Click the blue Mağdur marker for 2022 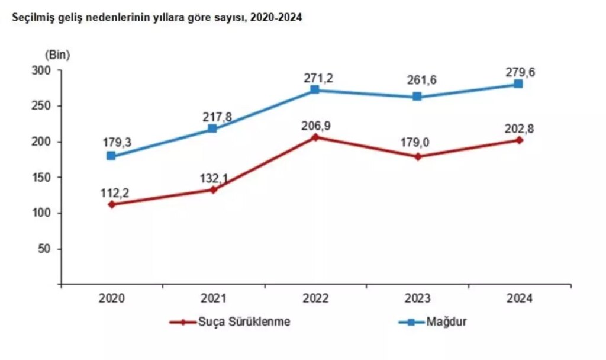[x=315, y=90]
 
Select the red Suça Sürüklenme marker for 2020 [x=111, y=204]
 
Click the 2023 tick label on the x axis [x=417, y=299]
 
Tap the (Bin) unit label [x=57, y=55]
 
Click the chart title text [x=154, y=18]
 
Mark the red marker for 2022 [x=315, y=137]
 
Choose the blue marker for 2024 [x=519, y=84]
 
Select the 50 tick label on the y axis [x=50, y=249]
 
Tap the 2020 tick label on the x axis [x=111, y=299]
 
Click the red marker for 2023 [x=417, y=157]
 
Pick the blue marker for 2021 [x=213, y=128]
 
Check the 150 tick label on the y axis [x=47, y=178]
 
